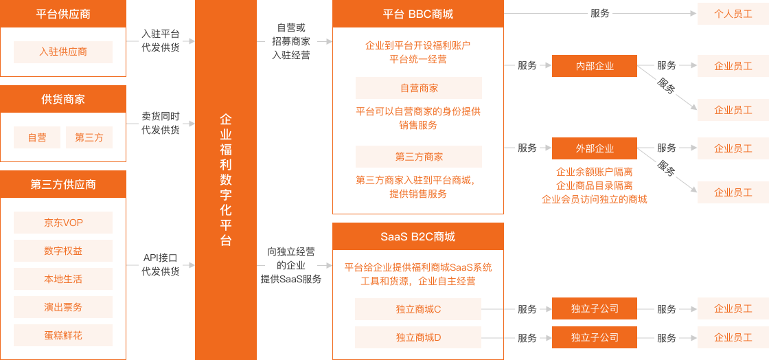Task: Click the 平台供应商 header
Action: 62,14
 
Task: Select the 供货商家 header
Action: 62,99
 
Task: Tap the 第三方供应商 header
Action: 62,184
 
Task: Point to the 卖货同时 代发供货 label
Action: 160,123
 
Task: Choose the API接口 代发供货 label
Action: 160,265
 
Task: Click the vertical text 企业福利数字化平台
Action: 225,180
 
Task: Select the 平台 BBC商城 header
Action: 417,14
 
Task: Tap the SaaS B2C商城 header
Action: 417,236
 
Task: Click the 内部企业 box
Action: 595,66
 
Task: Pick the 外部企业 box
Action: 595,148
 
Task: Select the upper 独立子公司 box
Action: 595,308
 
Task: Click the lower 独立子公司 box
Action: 595,337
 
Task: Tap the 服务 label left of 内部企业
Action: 527,66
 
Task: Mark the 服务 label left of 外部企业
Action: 527,148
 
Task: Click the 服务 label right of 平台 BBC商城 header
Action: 599,14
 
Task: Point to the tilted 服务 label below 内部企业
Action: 665,87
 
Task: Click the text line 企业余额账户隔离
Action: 594,172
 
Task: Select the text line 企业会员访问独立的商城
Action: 594,199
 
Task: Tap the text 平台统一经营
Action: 417,59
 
